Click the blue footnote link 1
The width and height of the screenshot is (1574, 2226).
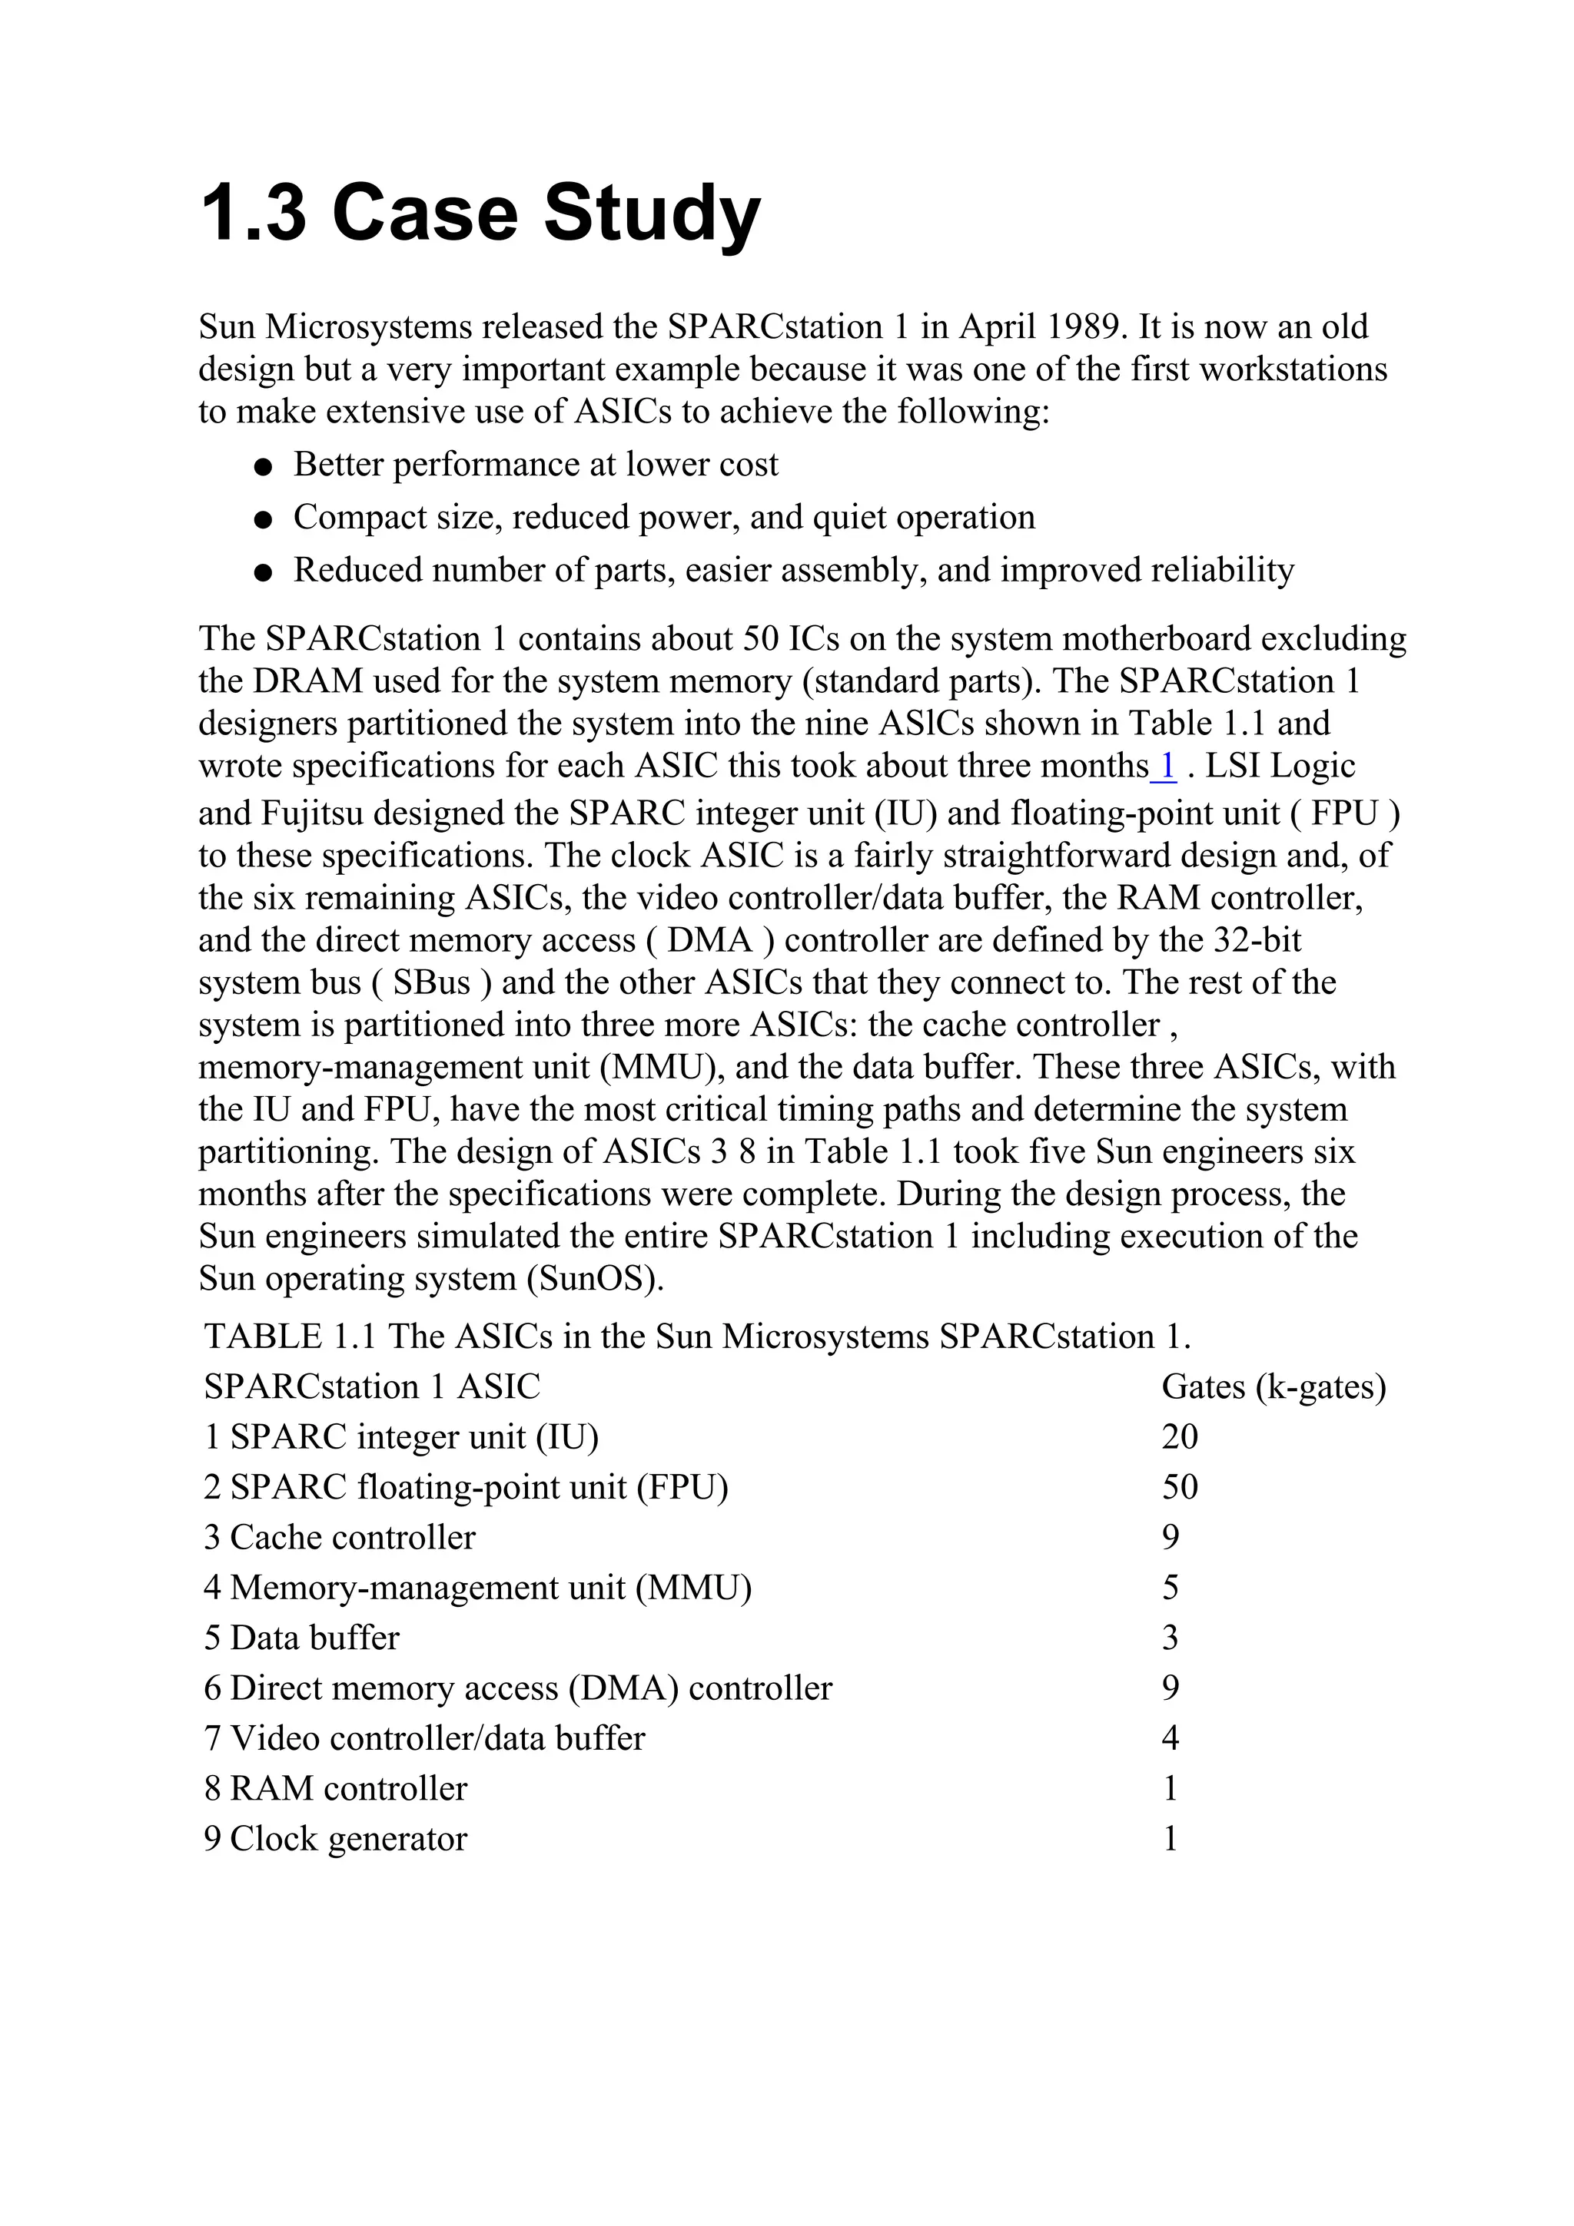(1167, 767)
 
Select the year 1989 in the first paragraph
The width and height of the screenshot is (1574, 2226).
(1082, 326)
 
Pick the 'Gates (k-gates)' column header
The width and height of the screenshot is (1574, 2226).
(1273, 1387)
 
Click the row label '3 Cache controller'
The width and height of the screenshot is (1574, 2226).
(340, 1538)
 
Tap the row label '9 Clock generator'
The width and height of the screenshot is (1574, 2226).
(336, 1839)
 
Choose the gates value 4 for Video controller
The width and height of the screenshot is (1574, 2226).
(1170, 1738)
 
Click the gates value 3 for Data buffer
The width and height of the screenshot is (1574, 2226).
(1170, 1638)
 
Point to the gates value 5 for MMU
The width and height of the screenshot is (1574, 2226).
(1170, 1588)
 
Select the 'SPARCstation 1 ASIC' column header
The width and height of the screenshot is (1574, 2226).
(371, 1387)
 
